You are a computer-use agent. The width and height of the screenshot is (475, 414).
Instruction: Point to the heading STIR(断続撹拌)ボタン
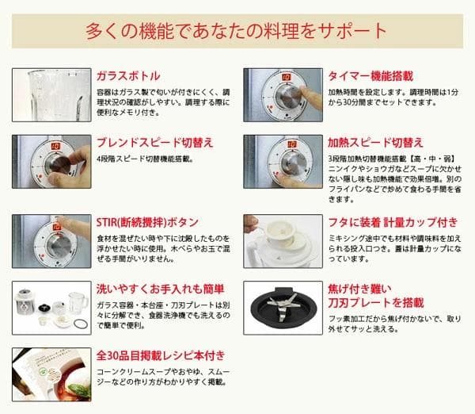click(x=147, y=221)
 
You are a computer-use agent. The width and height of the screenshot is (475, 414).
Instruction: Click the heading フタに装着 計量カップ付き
click(x=382, y=221)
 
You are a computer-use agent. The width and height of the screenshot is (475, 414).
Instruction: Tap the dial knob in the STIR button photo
click(x=55, y=243)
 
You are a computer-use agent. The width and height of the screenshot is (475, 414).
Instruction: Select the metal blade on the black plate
click(x=283, y=304)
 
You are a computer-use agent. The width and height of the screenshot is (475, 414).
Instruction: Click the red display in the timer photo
click(x=279, y=78)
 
